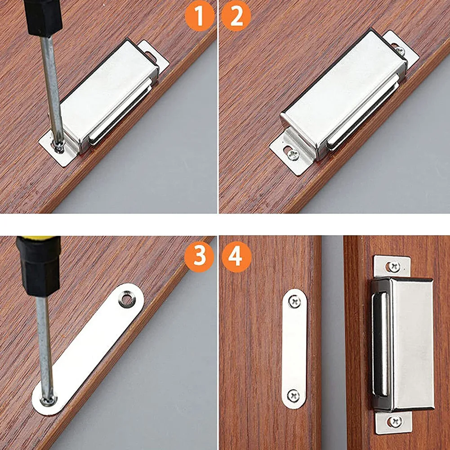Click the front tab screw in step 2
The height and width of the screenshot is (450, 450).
pos(292,154)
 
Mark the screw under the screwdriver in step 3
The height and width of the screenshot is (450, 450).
pos(48,399)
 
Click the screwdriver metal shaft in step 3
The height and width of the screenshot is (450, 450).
pos(45,346)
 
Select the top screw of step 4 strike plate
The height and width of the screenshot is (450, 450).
pos(294,301)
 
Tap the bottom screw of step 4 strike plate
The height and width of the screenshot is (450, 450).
pos(294,396)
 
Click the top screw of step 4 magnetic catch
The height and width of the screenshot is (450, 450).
pos(394,267)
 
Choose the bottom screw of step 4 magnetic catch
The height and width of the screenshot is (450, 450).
pos(395,421)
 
